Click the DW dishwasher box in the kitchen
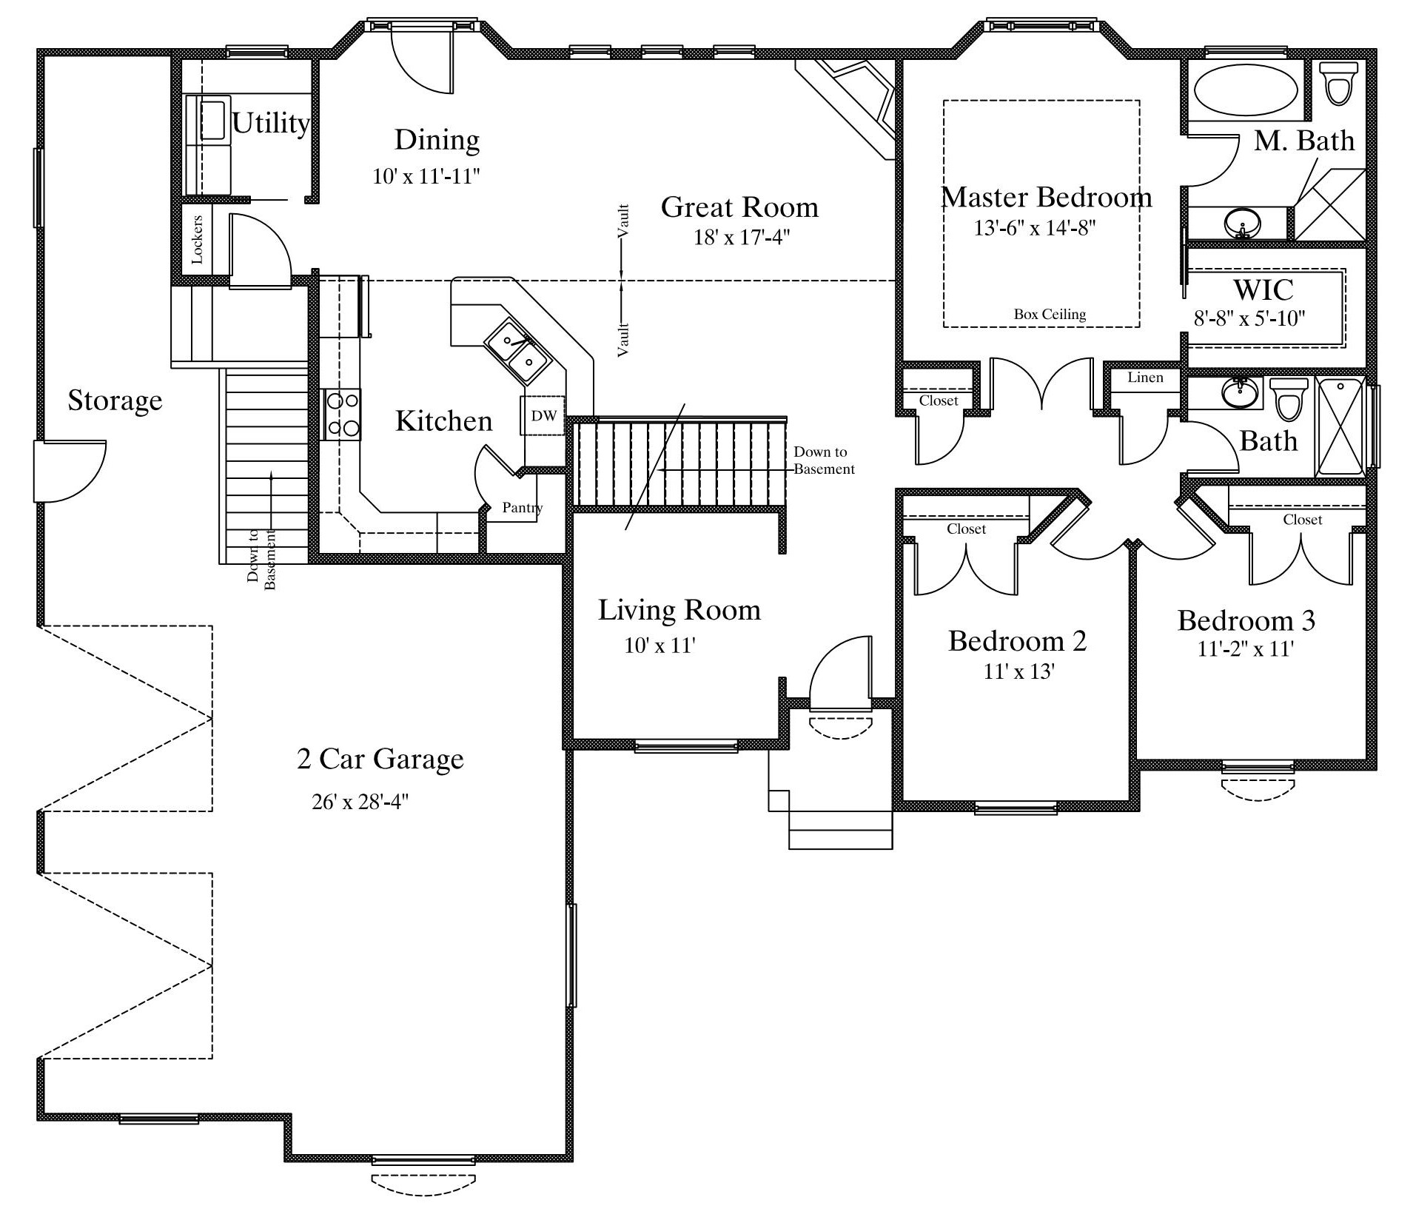point(543,415)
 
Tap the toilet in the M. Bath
point(1338,82)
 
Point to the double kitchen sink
point(518,351)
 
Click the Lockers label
point(197,240)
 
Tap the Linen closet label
point(1145,378)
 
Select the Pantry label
point(522,508)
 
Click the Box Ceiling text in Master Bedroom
point(1050,314)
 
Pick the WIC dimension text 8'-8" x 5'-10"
point(1249,318)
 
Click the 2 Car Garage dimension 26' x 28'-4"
point(360,802)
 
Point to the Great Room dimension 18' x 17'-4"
point(742,238)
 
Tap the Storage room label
point(115,400)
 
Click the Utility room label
point(271,123)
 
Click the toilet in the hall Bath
point(1289,399)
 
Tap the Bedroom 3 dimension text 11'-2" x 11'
point(1246,649)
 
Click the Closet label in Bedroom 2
point(966,529)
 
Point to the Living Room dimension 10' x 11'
point(659,646)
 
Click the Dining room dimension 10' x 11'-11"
point(427,176)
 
